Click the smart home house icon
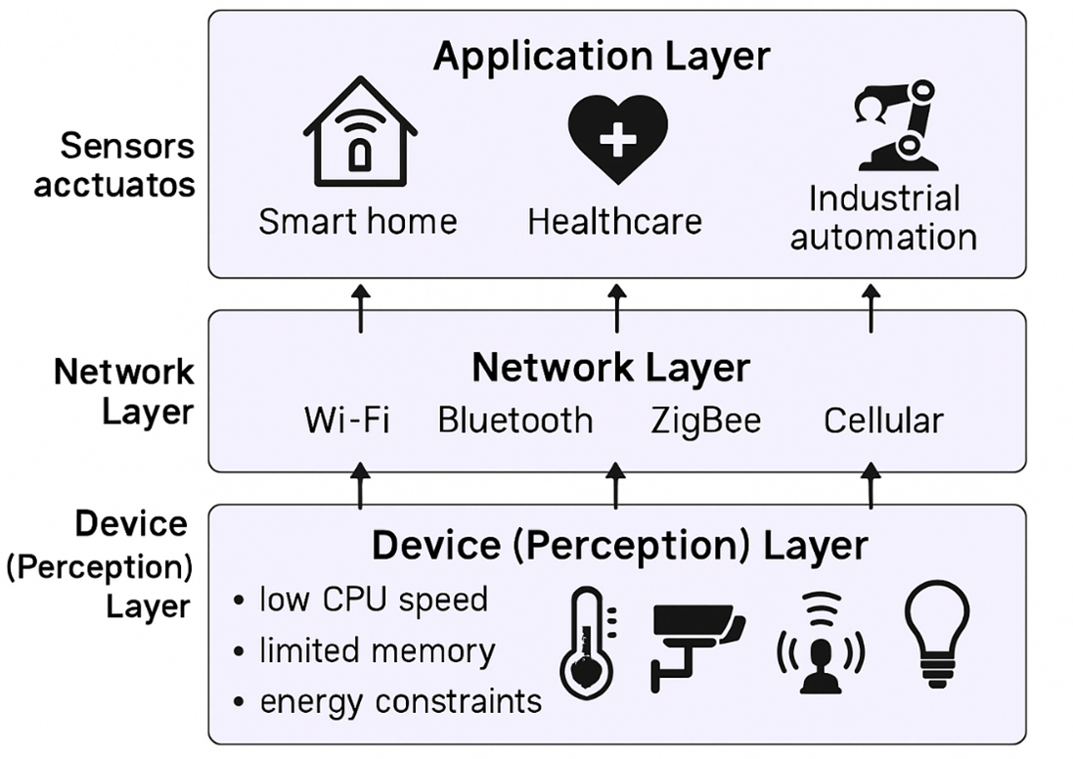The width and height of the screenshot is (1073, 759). coord(360,140)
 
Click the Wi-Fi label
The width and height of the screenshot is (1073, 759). coord(347,421)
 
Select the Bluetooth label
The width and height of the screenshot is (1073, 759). coord(514,421)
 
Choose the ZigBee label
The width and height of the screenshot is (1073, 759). coord(705,421)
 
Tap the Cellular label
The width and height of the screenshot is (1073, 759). coord(882,421)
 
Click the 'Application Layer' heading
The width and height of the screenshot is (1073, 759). coord(602,56)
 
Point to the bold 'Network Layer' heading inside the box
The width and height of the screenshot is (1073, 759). coord(610,369)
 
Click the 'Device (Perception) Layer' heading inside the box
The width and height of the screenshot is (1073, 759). coord(618,545)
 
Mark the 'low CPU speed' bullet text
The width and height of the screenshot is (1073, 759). coord(373,599)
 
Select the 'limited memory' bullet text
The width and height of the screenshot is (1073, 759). coord(377,650)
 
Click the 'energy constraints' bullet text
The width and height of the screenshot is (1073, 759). coord(400,700)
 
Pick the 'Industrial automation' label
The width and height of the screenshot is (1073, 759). coord(883,217)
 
